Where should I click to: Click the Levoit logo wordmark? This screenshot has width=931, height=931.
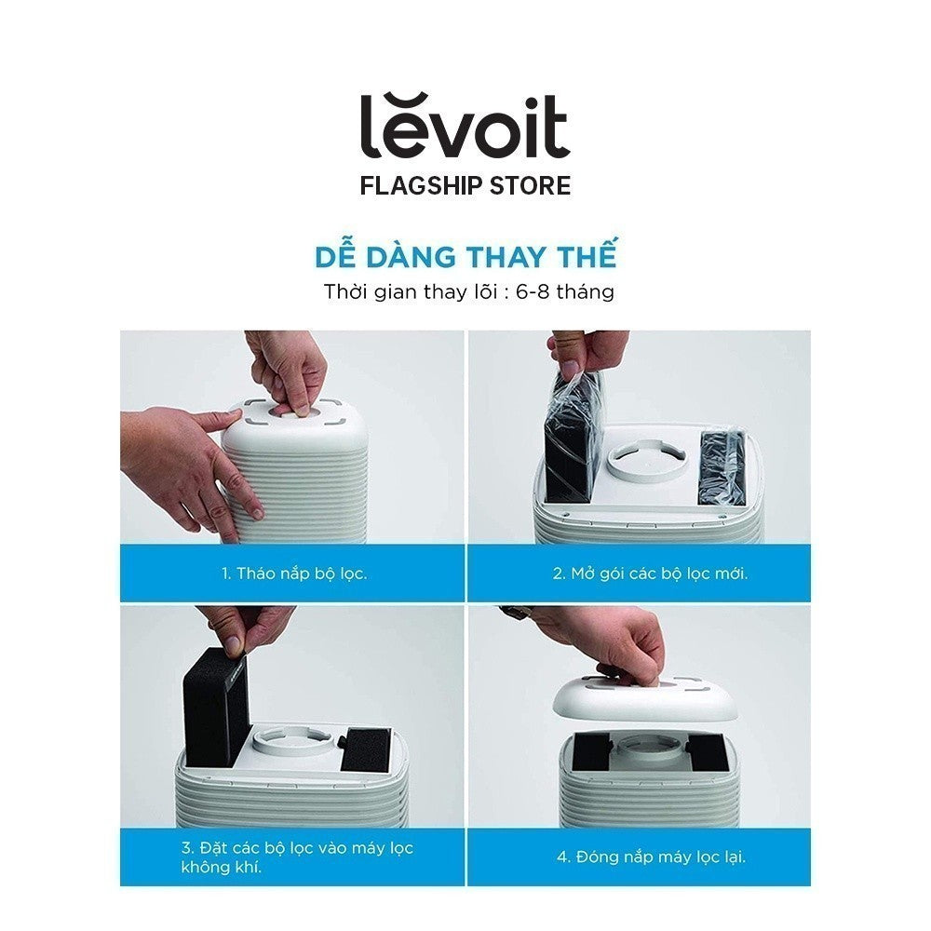tap(465, 126)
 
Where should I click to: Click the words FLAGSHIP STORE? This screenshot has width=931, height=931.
tap(465, 185)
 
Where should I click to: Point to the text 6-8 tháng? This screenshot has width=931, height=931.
tap(565, 291)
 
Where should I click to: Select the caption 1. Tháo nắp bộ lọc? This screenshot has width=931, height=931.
tap(294, 573)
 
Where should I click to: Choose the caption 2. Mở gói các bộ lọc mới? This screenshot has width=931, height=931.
tap(650, 573)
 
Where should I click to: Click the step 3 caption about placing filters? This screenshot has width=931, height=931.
tap(297, 857)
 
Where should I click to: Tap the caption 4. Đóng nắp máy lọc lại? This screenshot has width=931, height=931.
tap(651, 857)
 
